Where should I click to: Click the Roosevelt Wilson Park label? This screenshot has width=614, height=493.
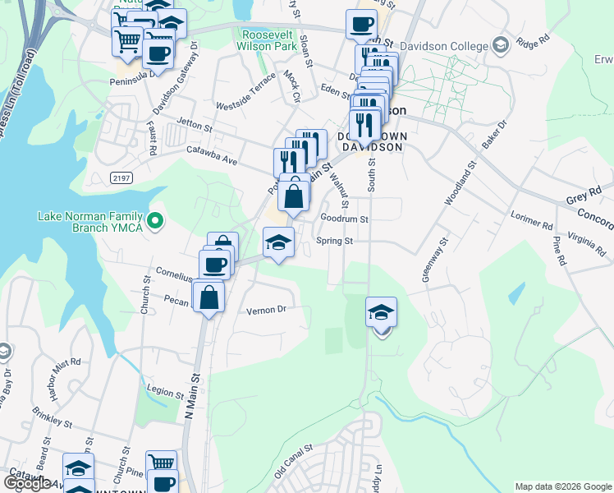(x=268, y=40)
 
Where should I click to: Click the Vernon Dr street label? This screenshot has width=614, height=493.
(x=265, y=311)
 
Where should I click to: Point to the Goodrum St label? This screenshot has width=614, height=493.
(x=345, y=219)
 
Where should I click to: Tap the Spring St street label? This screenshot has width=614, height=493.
(x=334, y=242)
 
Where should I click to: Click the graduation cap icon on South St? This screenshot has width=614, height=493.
(x=381, y=314)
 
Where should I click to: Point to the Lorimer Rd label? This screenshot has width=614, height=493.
(x=534, y=223)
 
